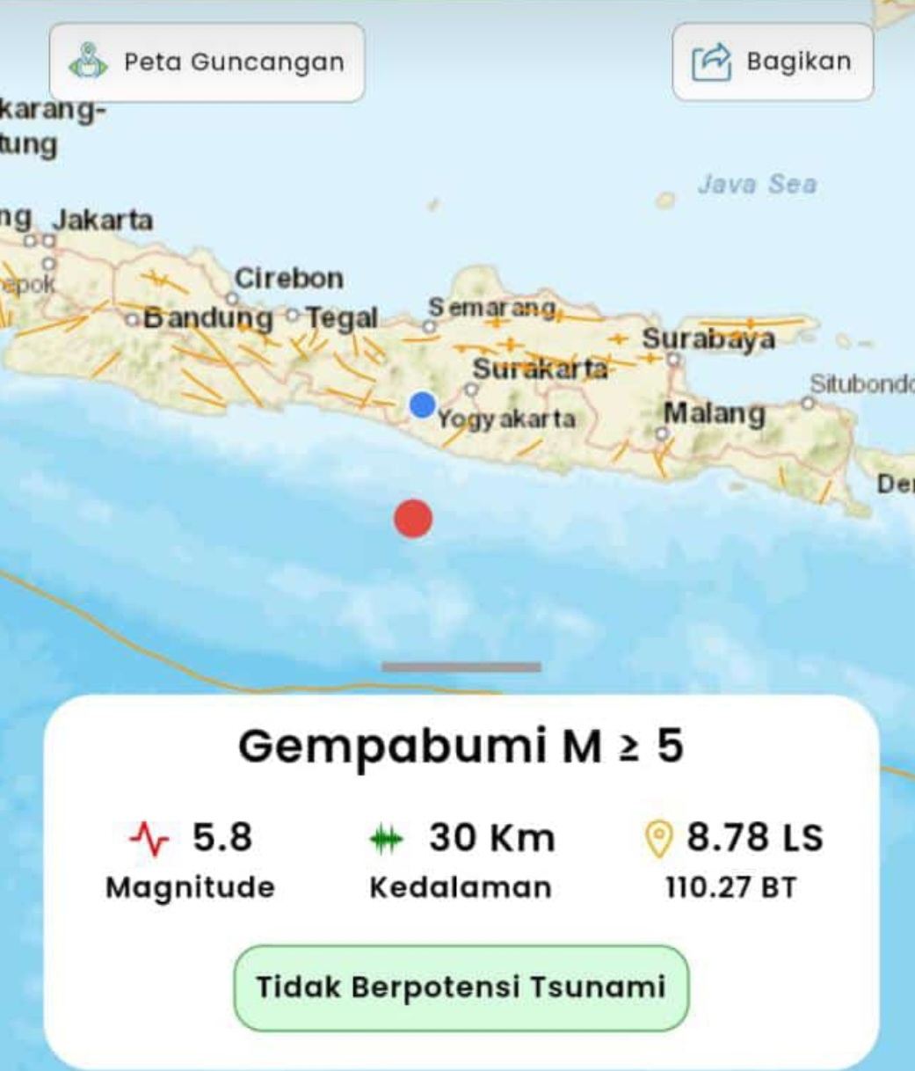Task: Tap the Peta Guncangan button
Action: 207,62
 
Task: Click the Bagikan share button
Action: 773,62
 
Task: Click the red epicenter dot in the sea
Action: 413,518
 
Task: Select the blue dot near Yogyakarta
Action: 423,405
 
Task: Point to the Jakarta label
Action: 102,220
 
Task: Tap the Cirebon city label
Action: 289,279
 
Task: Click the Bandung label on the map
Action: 208,317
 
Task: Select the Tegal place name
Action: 342,317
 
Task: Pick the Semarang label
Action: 492,308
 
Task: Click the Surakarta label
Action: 540,368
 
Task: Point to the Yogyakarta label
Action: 506,419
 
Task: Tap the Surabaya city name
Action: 708,339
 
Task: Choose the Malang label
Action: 714,412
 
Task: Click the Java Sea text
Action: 757,184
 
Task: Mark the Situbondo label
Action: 861,384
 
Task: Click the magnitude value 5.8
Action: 222,837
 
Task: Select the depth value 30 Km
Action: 492,837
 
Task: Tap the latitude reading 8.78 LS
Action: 755,837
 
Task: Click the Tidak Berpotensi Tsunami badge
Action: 461,987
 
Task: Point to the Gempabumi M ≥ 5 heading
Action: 461,747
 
